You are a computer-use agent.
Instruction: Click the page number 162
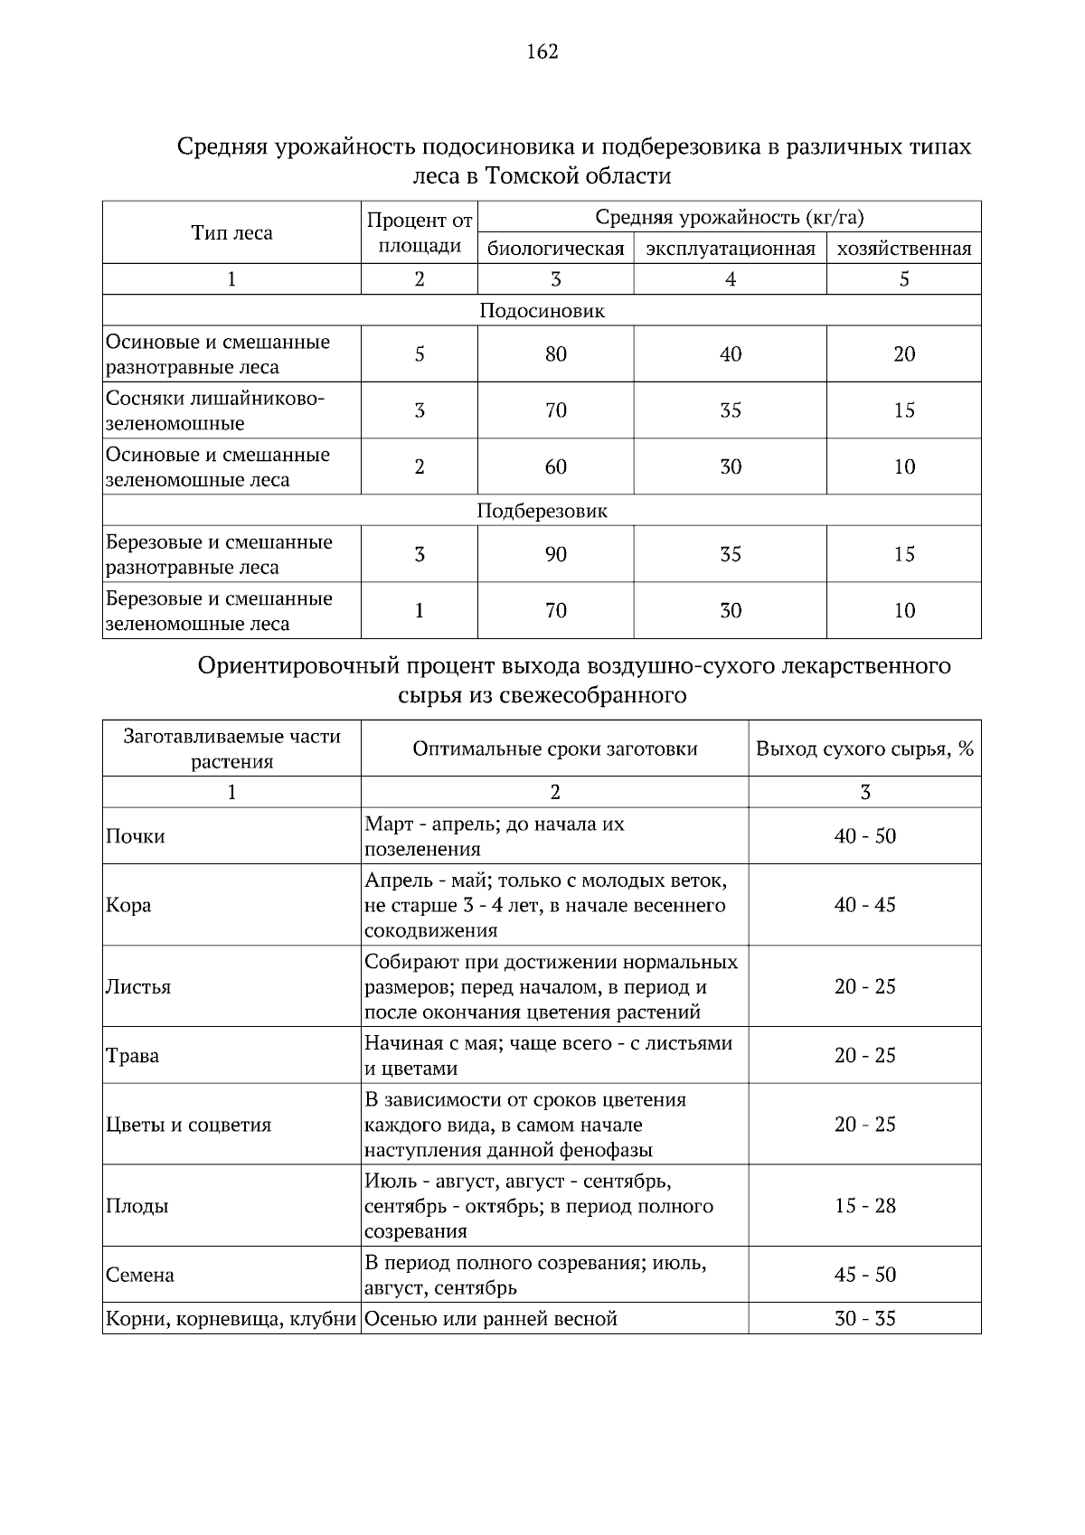point(542,52)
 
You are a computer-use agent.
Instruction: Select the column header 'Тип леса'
point(231,233)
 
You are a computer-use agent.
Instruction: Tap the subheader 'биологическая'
point(555,249)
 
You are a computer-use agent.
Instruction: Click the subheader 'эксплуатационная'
point(730,249)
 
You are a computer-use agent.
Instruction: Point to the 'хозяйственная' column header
point(903,249)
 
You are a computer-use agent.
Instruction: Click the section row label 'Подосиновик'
point(542,311)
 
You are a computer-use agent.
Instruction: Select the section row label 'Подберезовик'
point(542,511)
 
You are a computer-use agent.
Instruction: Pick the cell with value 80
point(555,354)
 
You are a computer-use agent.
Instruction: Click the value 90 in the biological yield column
point(555,554)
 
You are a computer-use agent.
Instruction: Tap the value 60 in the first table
point(555,466)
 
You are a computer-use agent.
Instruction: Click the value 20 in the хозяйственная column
point(903,354)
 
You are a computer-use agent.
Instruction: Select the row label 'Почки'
point(136,836)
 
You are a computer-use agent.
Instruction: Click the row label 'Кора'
point(128,905)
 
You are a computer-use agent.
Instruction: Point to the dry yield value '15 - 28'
point(864,1206)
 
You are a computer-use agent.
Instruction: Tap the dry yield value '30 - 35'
point(864,1318)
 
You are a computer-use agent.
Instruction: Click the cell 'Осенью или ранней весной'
point(491,1319)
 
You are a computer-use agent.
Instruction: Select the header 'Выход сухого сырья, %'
point(864,749)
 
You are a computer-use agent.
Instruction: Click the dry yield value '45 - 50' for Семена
point(864,1275)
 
